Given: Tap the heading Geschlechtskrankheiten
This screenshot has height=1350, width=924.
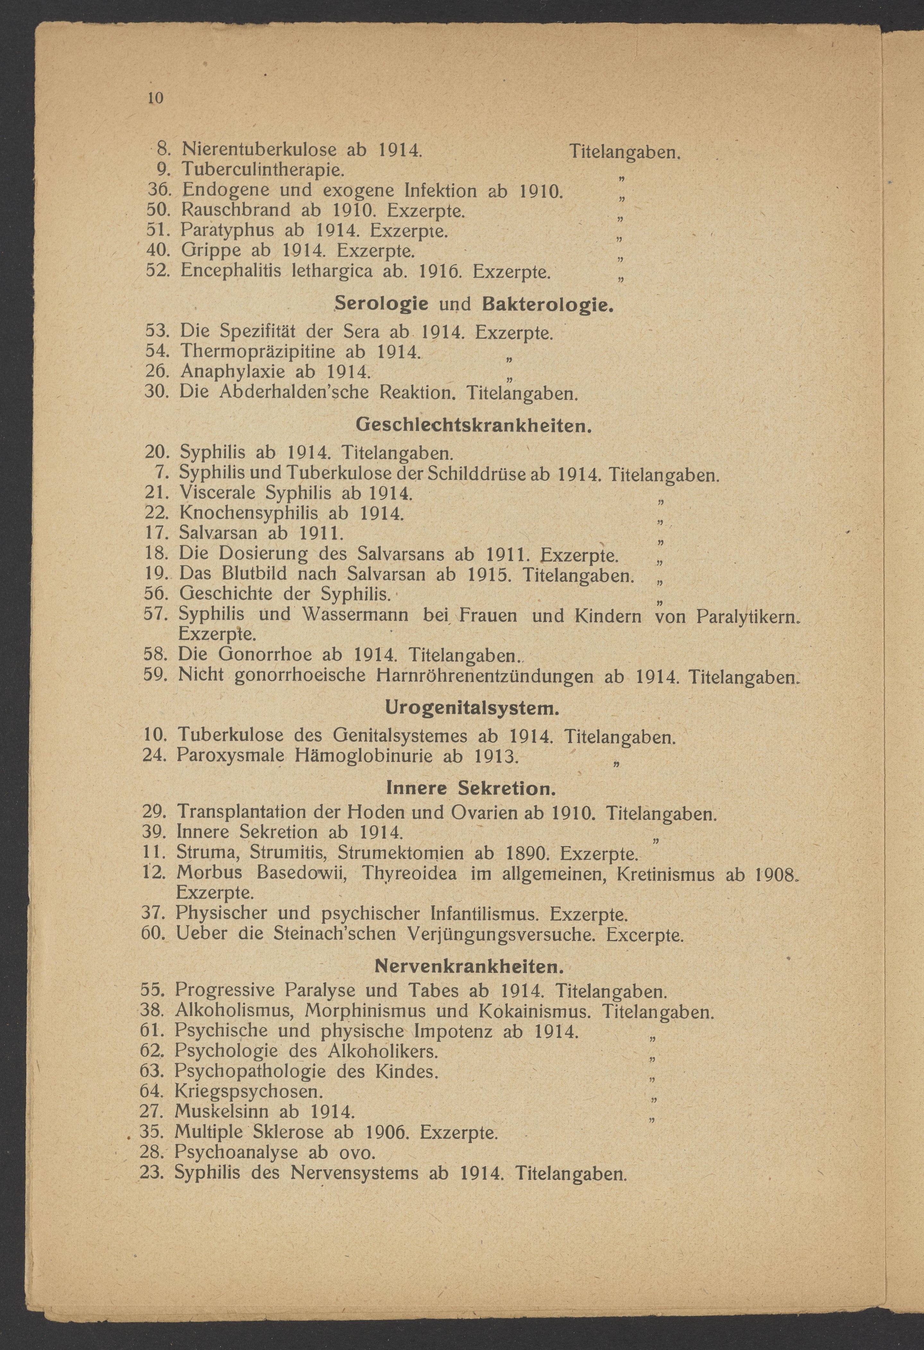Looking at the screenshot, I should [473, 425].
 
